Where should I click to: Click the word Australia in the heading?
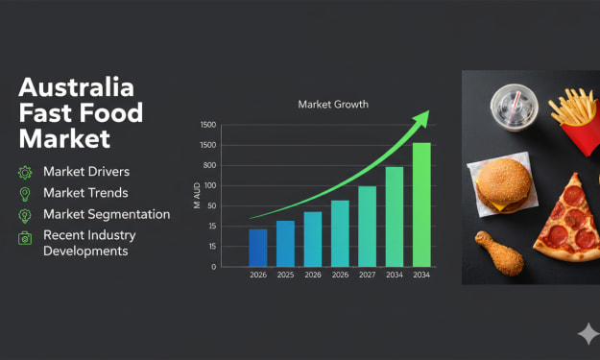tap(77, 87)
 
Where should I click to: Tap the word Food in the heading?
tap(111, 113)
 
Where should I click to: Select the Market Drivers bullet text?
tap(86, 172)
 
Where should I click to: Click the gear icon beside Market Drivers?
tap(25, 173)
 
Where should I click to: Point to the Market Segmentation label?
tap(107, 214)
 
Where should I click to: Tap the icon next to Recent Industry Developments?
tap(25, 238)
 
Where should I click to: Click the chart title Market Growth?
tap(333, 104)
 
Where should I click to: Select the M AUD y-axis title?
tap(197, 196)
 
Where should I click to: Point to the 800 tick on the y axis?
tap(209, 165)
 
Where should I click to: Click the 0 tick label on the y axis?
tap(213, 267)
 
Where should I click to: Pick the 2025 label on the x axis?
tap(285, 275)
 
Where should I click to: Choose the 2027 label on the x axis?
tap(367, 275)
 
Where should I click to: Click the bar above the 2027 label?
tap(367, 227)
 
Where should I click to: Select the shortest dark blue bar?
tap(258, 248)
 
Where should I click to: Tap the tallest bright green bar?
tap(421, 204)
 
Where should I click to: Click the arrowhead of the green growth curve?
tap(422, 119)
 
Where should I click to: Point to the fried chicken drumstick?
tap(499, 252)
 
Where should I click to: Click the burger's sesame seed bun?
tap(504, 180)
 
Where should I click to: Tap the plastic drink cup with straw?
tap(515, 108)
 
